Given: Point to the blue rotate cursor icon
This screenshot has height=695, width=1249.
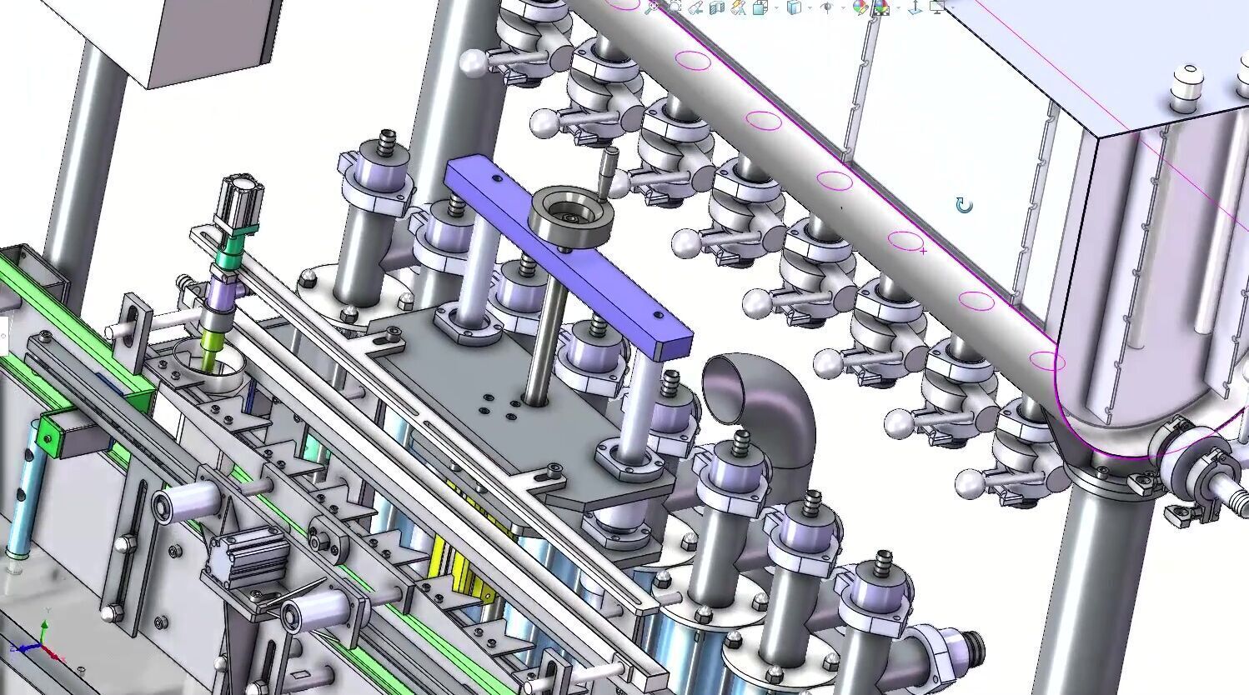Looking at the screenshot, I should (x=964, y=205).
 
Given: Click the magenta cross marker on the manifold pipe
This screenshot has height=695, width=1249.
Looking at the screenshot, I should (x=923, y=249).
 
